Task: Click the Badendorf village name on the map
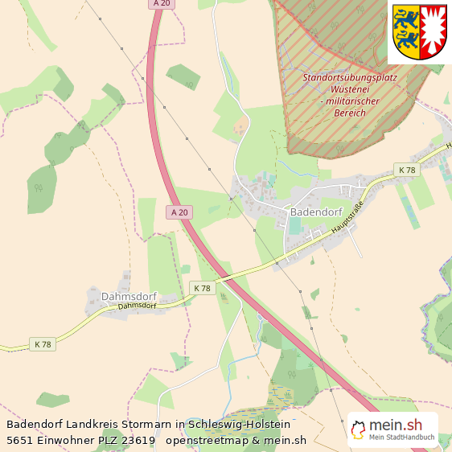(x=317, y=212)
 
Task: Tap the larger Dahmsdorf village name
(x=129, y=296)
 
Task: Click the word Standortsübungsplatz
(x=355, y=78)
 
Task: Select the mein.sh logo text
(x=395, y=426)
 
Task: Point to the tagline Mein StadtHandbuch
(x=401, y=438)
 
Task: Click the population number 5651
(x=19, y=440)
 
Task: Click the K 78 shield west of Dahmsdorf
(x=42, y=344)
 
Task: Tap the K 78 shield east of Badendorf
(x=406, y=170)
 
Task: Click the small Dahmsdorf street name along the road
(x=136, y=306)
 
